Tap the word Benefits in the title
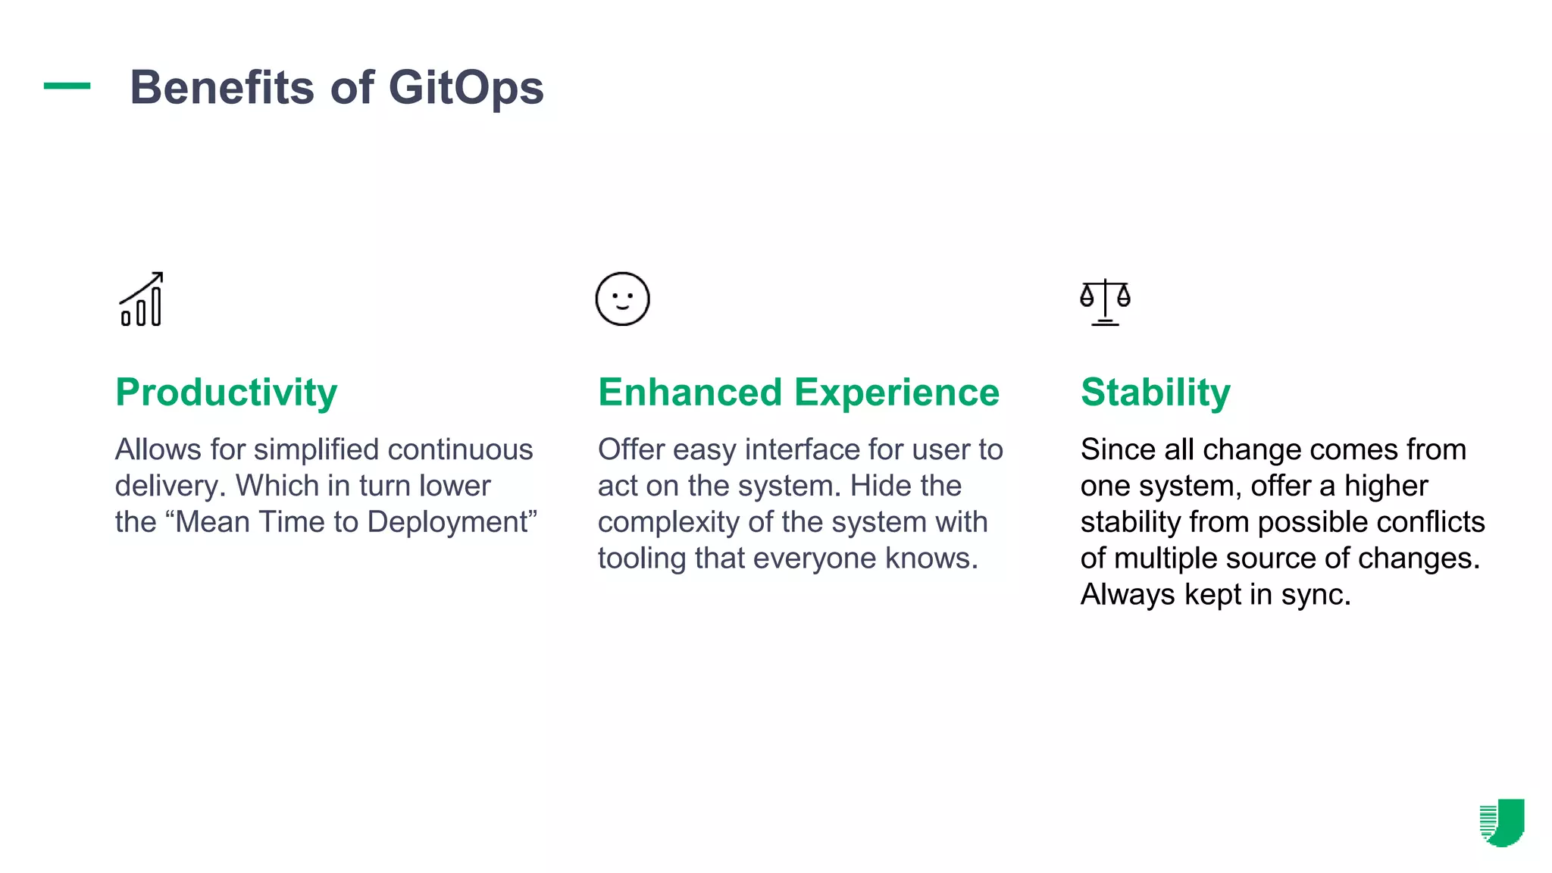[221, 88]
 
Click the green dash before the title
[67, 86]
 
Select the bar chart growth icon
[142, 299]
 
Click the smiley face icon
[622, 299]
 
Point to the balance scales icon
[1105, 302]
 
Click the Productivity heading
[226, 393]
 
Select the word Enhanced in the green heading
[690, 393]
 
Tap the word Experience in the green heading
[896, 393]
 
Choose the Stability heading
[1155, 393]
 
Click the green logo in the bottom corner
[1502, 822]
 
